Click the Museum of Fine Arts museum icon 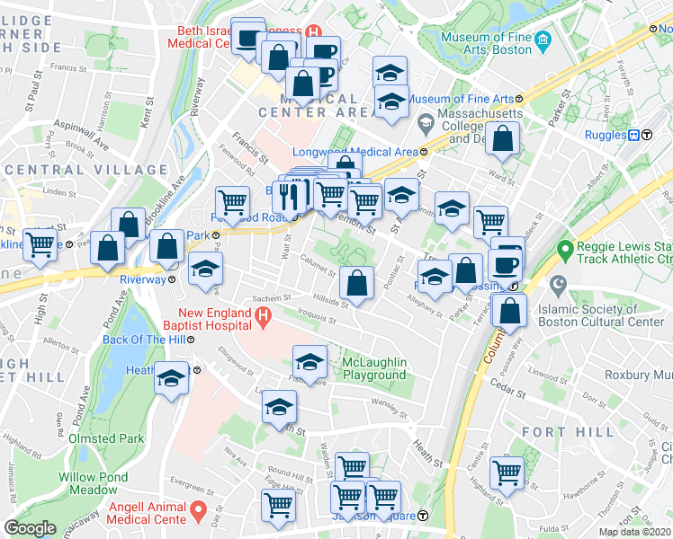click(x=543, y=41)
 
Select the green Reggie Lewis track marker click(x=566, y=247)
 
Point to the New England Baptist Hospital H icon click(x=262, y=316)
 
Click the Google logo click(x=30, y=528)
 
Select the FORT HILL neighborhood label click(x=580, y=432)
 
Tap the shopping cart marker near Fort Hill click(x=507, y=473)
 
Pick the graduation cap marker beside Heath click(x=172, y=377)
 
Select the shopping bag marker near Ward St click(x=505, y=139)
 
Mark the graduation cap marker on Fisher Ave click(x=310, y=362)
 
